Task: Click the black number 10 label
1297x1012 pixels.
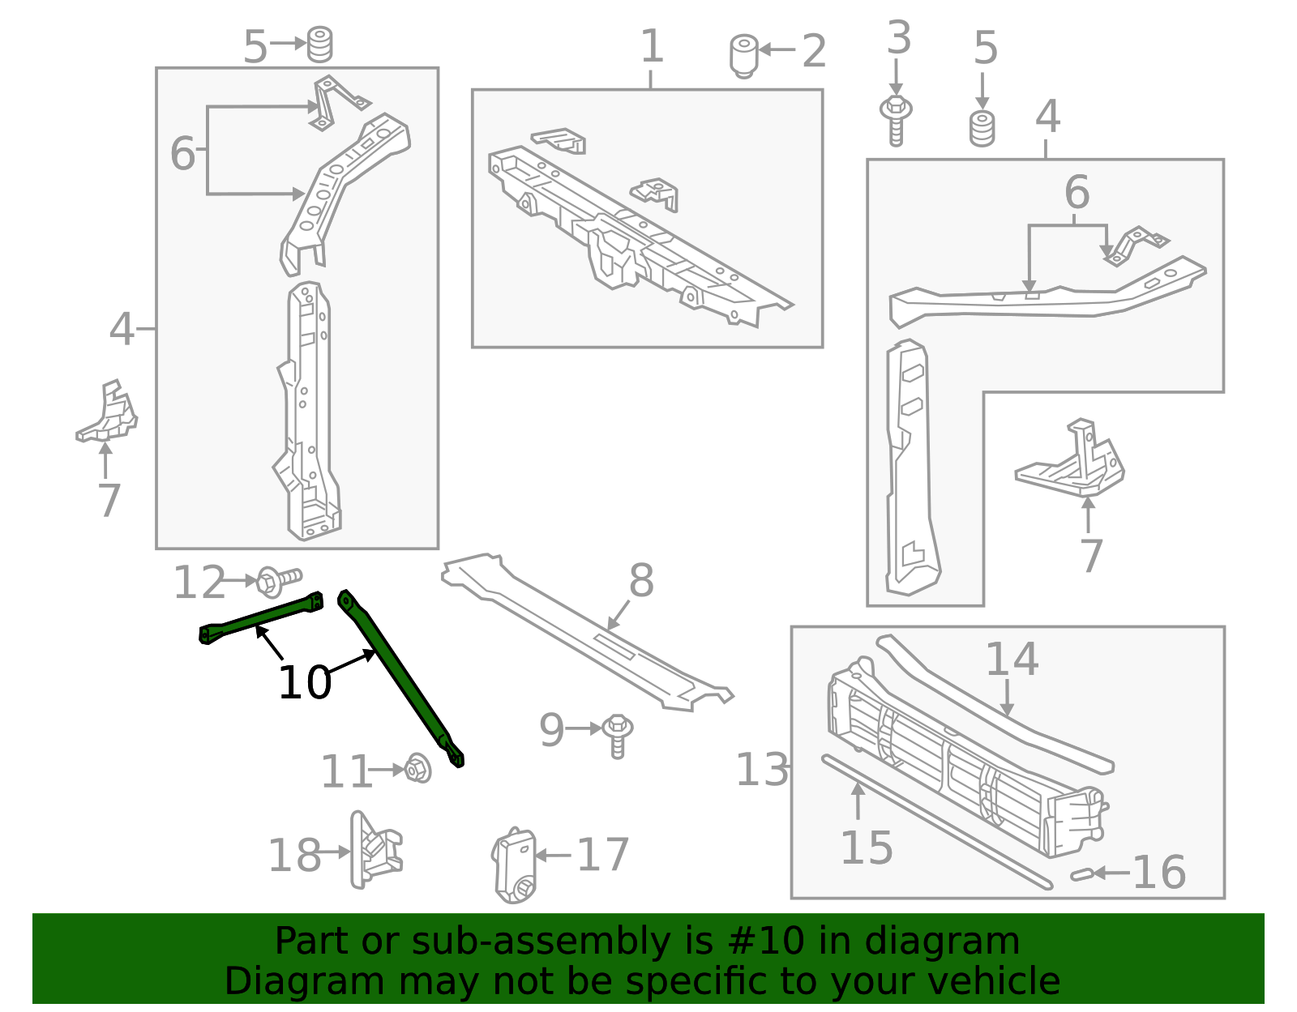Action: tap(305, 682)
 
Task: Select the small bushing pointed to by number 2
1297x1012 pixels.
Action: tap(743, 55)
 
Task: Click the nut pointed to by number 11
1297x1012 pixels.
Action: tap(417, 767)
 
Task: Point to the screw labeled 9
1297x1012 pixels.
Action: tap(618, 735)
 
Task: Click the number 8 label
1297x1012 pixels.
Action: tap(641, 581)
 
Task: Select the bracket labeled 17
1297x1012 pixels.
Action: tap(515, 865)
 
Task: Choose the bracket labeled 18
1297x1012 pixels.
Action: tap(374, 851)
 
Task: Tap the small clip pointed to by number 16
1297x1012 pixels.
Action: tap(1081, 874)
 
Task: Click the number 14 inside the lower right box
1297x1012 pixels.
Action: tap(1012, 660)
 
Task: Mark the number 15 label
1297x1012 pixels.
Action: tap(867, 848)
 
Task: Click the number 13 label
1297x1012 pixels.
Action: tap(761, 770)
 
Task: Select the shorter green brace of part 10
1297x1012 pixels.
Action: tap(259, 619)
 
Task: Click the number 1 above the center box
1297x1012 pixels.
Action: tap(652, 46)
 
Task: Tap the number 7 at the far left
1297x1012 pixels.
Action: tap(109, 500)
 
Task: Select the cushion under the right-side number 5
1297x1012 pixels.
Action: tap(982, 129)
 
